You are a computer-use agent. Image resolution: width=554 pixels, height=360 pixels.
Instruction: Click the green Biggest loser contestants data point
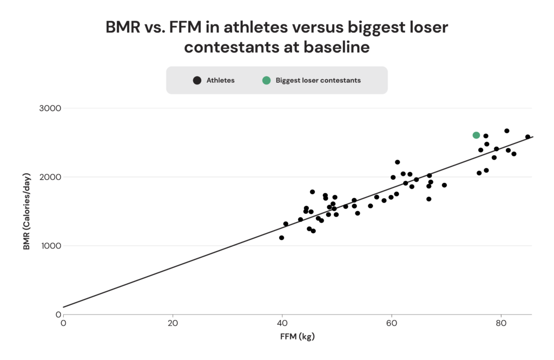coord(476,135)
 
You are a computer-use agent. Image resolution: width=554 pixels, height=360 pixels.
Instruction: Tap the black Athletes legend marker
coord(197,80)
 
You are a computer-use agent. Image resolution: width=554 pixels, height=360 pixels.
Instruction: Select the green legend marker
coord(266,80)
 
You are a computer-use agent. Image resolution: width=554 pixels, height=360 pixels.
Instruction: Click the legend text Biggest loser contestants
coord(318,80)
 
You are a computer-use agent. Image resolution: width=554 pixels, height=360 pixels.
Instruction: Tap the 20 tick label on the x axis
coord(173,324)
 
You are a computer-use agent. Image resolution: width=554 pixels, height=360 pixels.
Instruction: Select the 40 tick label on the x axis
coord(282,324)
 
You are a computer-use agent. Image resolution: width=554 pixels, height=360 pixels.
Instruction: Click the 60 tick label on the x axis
coord(391,324)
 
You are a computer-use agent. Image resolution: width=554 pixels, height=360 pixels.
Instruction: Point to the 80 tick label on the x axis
coord(501,324)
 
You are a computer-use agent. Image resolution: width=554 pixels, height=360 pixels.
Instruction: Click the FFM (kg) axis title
coord(297,337)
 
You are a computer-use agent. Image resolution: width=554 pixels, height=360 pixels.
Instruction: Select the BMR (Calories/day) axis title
coord(27,211)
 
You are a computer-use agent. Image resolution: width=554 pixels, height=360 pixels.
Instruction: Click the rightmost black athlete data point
coord(527,137)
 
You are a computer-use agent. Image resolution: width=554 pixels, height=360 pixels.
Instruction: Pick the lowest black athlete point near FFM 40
coord(281,238)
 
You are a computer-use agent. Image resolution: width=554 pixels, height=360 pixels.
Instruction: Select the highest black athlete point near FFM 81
coord(507,131)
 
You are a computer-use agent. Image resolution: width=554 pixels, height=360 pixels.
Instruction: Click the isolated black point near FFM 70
coord(444,185)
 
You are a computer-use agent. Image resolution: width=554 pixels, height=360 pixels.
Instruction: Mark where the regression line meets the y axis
coord(63,307)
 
